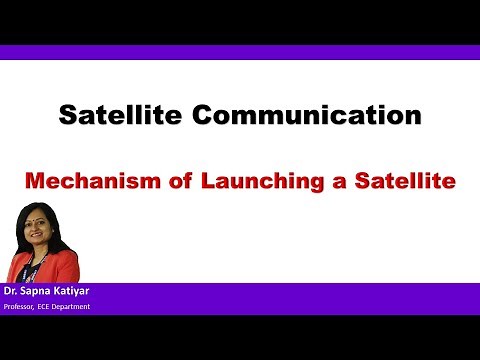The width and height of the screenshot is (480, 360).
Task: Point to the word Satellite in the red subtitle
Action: click(393, 182)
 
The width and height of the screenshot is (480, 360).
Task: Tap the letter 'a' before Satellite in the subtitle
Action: click(337, 183)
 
